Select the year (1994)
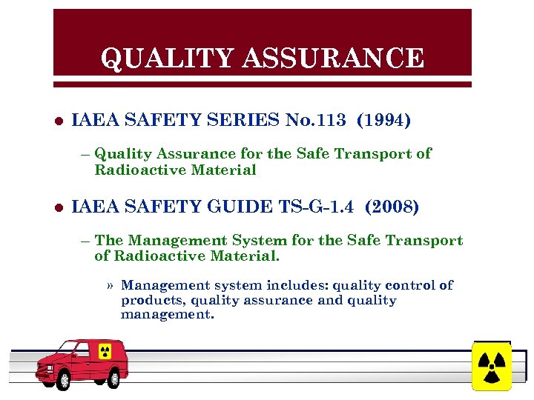(x=383, y=120)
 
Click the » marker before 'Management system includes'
(x=110, y=286)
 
